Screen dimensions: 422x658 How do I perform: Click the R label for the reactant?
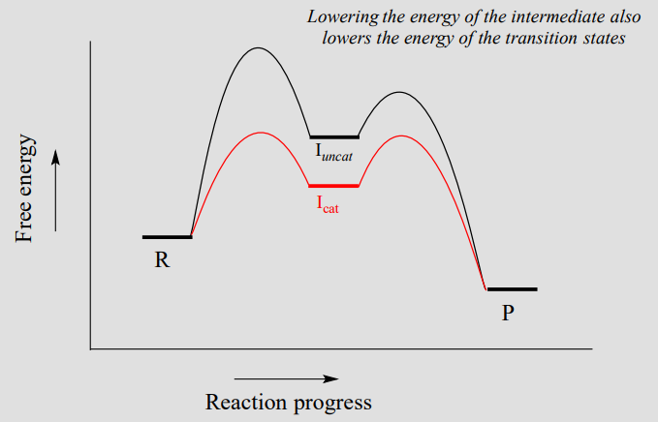(162, 261)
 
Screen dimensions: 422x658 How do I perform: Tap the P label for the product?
(508, 314)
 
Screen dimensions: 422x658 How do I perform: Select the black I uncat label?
(332, 153)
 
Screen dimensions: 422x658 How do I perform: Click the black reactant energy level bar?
(167, 236)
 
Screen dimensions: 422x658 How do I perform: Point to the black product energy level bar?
(512, 288)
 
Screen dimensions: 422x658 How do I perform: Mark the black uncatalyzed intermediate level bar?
(333, 137)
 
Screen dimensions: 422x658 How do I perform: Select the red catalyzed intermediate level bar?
(333, 185)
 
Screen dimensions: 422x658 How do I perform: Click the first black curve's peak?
(258, 48)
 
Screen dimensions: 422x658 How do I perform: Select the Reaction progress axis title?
(288, 401)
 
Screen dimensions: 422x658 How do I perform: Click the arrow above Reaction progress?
(286, 378)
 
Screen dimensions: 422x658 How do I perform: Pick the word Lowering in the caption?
(340, 17)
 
